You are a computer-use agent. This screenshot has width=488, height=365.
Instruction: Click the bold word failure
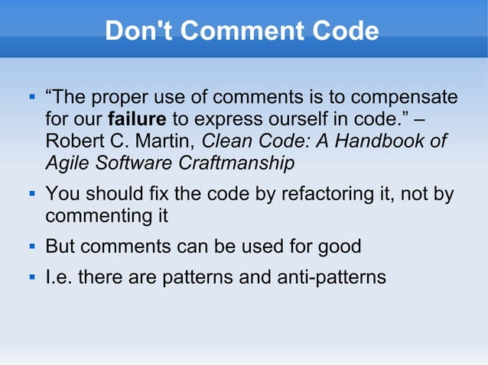(x=137, y=120)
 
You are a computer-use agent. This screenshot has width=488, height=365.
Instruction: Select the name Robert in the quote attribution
(x=75, y=141)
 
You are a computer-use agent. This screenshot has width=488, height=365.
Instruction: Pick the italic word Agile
(x=67, y=163)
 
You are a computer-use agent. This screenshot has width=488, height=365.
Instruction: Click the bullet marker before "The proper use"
(x=31, y=98)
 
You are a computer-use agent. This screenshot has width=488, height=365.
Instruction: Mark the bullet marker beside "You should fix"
(x=31, y=193)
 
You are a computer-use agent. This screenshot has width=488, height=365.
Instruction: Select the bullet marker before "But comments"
(x=31, y=247)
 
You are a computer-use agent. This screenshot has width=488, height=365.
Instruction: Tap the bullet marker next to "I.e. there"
(x=31, y=277)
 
